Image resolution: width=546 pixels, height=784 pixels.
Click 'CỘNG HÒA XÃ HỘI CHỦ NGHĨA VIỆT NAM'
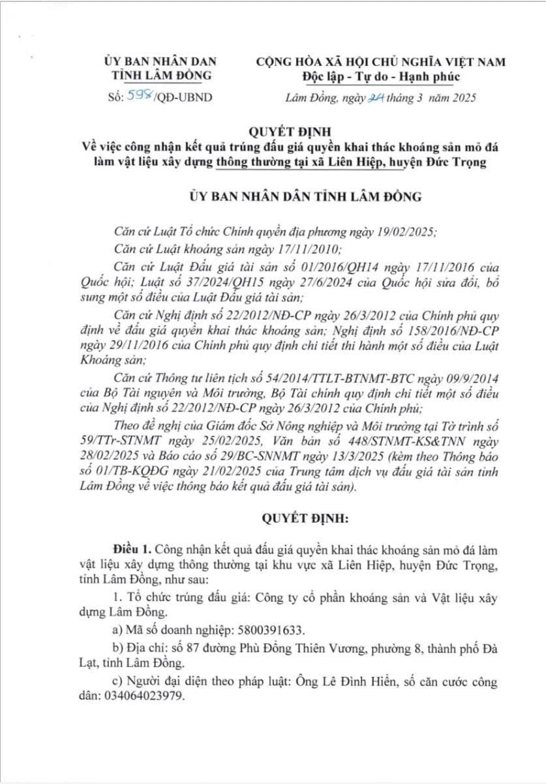click(381, 62)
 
